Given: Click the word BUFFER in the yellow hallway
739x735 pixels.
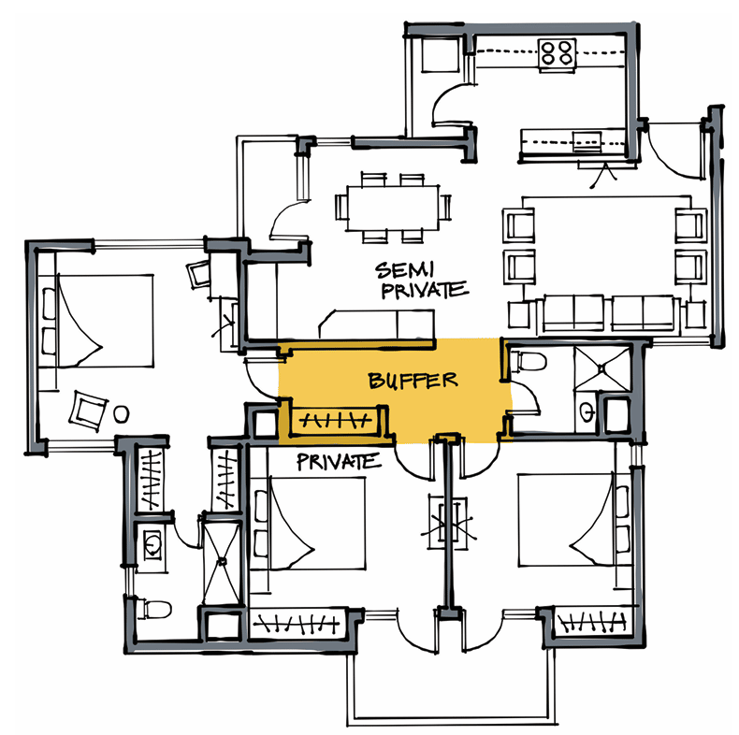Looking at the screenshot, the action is pos(413,381).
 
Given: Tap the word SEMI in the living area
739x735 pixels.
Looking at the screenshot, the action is pos(405,270).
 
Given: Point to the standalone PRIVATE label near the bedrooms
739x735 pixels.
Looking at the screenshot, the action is pos(339,462).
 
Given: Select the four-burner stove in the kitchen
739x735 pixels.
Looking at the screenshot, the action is pos(558,52).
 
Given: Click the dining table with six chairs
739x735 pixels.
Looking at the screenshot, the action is pos(393,208).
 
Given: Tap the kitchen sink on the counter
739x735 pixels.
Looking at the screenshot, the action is pos(587,141).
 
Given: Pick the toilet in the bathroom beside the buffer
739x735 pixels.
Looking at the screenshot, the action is pos(529,361).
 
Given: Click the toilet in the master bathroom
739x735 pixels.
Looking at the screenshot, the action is pos(154,610).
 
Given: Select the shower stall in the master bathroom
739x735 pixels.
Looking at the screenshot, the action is pos(221,562).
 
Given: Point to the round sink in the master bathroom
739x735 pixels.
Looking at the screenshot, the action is pos(152,544).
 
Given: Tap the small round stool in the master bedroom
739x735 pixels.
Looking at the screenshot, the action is pos(121,414).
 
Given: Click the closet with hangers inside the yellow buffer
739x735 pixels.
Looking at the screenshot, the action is pos(335,420).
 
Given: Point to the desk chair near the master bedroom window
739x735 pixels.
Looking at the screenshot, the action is pos(199,274).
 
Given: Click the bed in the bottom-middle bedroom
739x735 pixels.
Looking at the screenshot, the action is pos(308,524).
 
